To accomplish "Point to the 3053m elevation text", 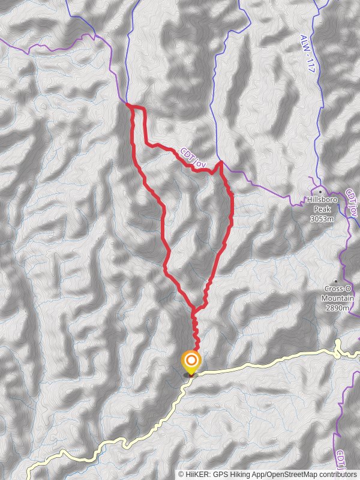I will coord(322,219).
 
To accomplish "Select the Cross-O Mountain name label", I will coord(337,293).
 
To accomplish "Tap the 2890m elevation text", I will coord(337,308).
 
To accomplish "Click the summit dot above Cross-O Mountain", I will coord(335,281).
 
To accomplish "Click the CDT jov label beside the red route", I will coord(192,155).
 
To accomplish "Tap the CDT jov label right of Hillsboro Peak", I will coord(352,203).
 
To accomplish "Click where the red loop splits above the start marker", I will coord(193,310).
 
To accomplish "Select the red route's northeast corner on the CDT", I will coord(221,163).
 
